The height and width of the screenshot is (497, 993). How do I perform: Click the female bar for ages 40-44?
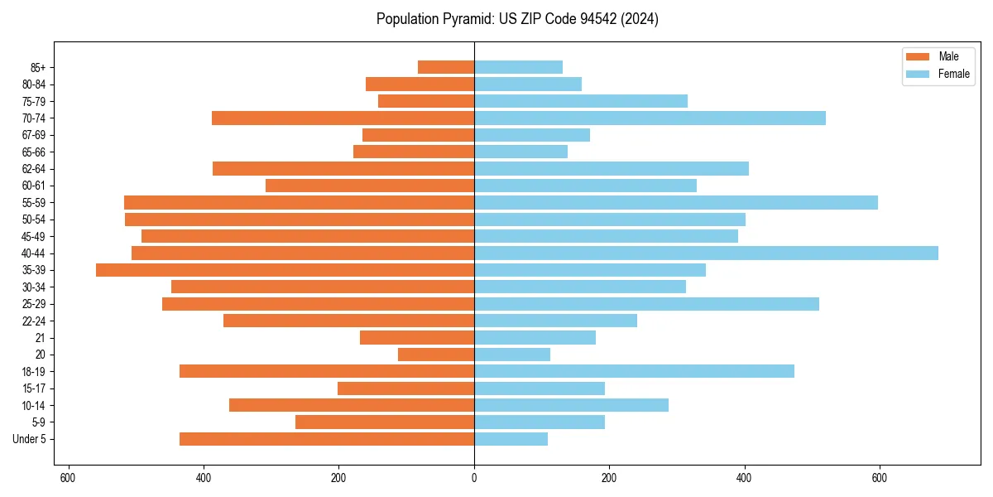(706, 253)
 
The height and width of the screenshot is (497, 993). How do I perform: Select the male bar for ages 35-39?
(285, 270)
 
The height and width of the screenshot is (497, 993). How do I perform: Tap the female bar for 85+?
(518, 67)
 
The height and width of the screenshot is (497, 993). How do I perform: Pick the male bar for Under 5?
(327, 439)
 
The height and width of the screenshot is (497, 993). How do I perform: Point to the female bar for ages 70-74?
(650, 118)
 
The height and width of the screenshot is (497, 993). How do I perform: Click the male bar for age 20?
(436, 355)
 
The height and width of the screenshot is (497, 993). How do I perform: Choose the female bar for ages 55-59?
(676, 202)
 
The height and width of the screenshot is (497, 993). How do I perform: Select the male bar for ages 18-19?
(327, 371)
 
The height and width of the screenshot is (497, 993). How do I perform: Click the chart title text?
(517, 19)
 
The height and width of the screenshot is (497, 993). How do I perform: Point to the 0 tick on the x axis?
(474, 478)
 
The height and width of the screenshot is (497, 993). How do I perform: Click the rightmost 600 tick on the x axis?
(880, 478)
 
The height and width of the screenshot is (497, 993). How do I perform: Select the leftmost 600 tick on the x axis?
(69, 478)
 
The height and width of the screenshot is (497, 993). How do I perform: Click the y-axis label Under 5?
(30, 439)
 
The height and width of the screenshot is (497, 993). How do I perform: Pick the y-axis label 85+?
(38, 67)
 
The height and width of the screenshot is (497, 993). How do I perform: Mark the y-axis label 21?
(41, 338)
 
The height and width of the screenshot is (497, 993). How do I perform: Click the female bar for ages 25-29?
(646, 304)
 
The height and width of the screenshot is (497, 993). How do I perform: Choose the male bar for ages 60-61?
(370, 186)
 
